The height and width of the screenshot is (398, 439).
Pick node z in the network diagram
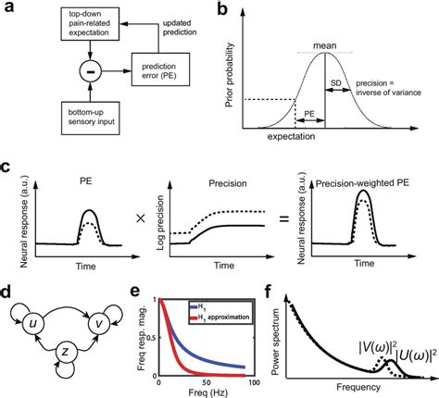click(x=62, y=355)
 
